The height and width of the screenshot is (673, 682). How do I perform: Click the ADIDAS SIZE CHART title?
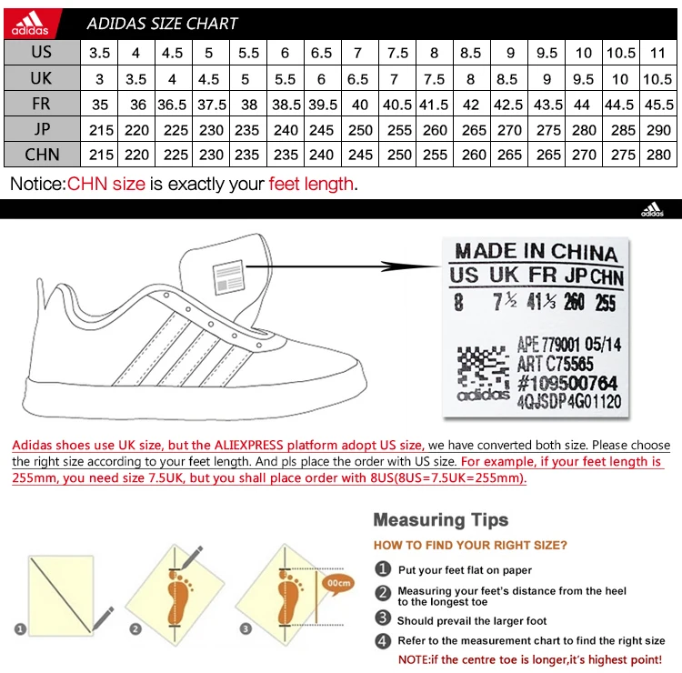[162, 24]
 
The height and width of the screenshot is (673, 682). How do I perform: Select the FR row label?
[41, 104]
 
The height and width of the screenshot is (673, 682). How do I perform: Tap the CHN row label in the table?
[41, 155]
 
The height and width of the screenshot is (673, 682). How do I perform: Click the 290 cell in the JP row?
[658, 130]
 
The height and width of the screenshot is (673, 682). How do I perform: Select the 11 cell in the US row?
[658, 53]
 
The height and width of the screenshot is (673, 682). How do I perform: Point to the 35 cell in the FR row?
[101, 105]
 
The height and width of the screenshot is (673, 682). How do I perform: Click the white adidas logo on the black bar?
[652, 210]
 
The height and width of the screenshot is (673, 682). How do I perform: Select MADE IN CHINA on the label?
[536, 252]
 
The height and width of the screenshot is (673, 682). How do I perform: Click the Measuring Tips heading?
[441, 520]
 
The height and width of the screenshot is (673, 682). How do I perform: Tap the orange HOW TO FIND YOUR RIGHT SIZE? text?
[470, 546]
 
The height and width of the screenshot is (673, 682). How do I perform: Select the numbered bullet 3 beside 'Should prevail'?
[383, 620]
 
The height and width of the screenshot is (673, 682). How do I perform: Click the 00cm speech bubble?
[338, 583]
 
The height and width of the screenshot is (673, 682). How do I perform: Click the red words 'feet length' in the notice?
[310, 185]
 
